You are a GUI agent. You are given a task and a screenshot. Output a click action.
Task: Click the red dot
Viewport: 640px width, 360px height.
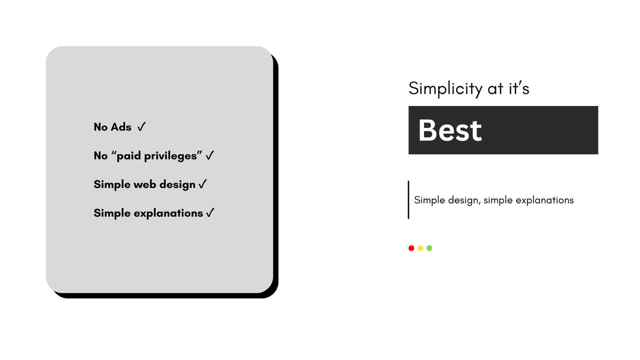pos(411,248)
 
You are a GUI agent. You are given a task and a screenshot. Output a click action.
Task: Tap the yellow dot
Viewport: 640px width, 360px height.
pos(420,248)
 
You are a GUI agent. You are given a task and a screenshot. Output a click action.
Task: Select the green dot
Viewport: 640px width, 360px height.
pos(429,248)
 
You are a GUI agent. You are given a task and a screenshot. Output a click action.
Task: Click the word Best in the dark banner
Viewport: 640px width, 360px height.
pos(449,130)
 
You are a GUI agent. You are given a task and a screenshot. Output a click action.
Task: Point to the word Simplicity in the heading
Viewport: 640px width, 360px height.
pos(445,88)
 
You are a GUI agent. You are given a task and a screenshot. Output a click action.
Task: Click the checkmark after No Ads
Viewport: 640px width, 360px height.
pos(141,127)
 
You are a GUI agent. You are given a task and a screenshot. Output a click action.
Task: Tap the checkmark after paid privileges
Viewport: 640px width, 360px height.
pos(210,155)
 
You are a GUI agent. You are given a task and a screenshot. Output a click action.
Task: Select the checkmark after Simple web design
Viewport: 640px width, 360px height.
pos(202,184)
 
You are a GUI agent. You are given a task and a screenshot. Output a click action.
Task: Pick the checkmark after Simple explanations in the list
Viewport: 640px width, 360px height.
pos(210,213)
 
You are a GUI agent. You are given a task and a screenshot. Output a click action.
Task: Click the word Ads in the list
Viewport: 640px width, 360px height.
pos(121,127)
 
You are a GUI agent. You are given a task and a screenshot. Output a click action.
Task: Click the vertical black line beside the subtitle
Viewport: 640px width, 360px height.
pos(408,199)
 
